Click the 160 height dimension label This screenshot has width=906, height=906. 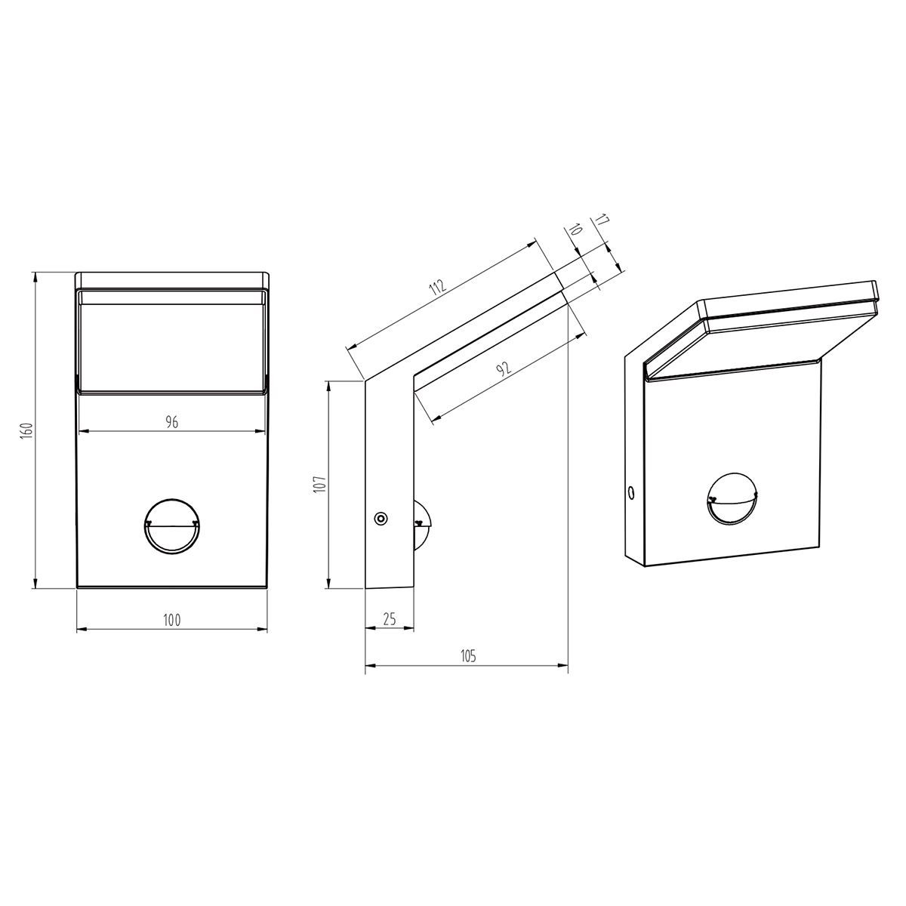[27, 431]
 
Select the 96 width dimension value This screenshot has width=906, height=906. [172, 422]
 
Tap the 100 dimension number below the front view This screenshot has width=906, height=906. [171, 621]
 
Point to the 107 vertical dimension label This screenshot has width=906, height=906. [319, 483]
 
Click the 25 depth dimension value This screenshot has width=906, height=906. [390, 619]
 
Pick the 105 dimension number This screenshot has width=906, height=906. [468, 656]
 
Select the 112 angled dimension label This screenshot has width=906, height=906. [437, 288]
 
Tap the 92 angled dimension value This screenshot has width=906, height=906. [504, 369]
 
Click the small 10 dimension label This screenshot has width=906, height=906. [575, 230]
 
